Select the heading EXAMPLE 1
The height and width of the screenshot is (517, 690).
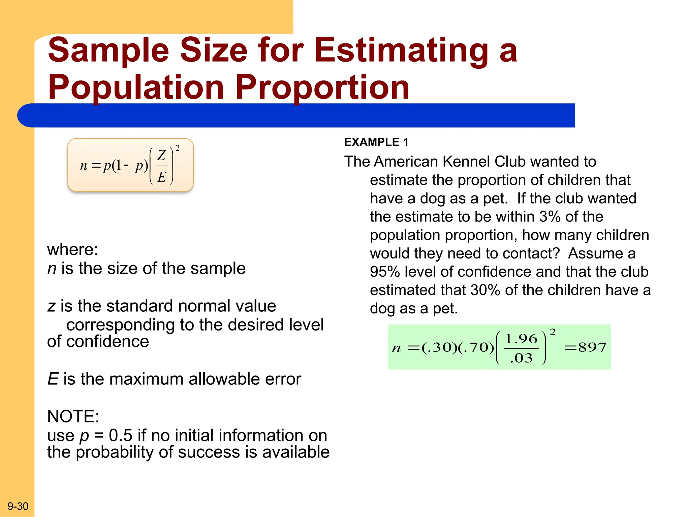tap(376, 142)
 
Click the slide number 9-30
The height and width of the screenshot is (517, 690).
tap(18, 506)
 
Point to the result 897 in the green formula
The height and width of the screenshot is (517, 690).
tap(592, 347)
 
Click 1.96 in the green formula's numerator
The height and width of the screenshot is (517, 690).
tap(521, 339)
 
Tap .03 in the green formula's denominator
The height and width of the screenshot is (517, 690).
tap(521, 358)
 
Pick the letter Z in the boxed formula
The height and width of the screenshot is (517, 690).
tap(162, 156)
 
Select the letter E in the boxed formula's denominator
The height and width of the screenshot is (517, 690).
tap(162, 177)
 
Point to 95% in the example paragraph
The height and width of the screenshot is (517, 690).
tap(385, 272)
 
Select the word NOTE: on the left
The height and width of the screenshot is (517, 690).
tap(73, 417)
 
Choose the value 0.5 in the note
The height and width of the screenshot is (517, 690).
tap(121, 436)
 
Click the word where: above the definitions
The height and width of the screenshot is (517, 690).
tap(72, 250)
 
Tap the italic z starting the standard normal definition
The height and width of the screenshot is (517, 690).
tap(51, 306)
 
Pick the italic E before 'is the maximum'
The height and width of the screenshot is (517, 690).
tap(53, 379)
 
